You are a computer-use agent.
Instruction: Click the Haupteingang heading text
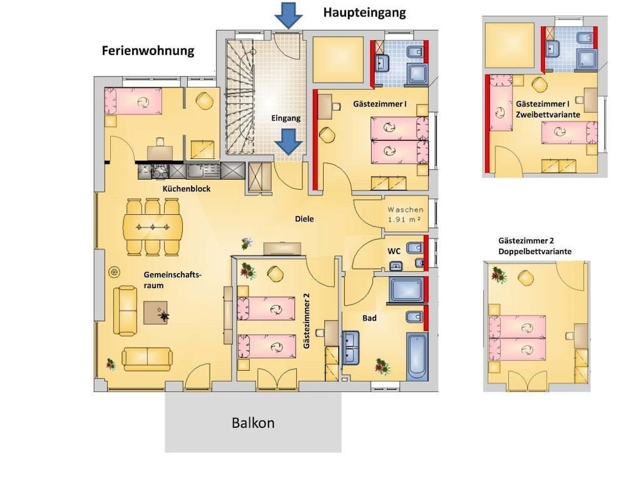[x=364, y=12]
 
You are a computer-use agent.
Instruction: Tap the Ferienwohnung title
[x=147, y=51]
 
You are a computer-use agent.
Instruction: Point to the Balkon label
[x=253, y=423]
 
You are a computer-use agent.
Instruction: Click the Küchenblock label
[x=186, y=189]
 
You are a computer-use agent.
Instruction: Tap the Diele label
[x=304, y=219]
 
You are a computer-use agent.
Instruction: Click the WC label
[x=394, y=250]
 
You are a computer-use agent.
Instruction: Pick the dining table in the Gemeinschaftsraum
[x=153, y=226]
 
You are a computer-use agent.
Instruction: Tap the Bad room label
[x=369, y=317]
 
